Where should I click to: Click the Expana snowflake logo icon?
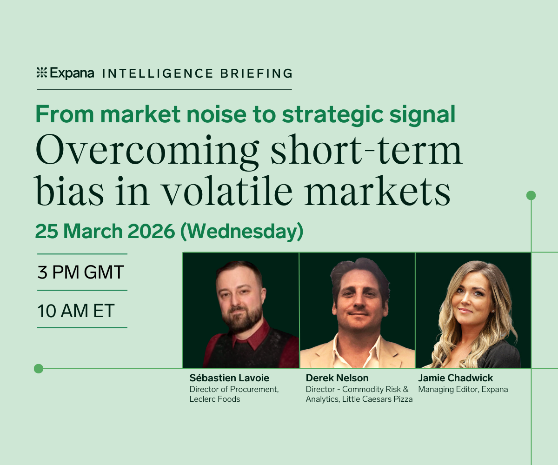[x=42, y=73]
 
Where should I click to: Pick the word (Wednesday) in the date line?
[x=242, y=232]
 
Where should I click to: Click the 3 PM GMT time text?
[x=81, y=272]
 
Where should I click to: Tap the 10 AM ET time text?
[x=76, y=311]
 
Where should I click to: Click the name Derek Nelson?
[x=337, y=378]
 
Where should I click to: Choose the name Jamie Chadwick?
[x=455, y=378]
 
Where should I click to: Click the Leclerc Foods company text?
[x=215, y=399]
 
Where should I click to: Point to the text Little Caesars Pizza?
[x=377, y=399]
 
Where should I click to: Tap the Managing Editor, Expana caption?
[x=463, y=389]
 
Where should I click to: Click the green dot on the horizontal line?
[x=39, y=369]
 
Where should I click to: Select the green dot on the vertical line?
[x=531, y=195]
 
